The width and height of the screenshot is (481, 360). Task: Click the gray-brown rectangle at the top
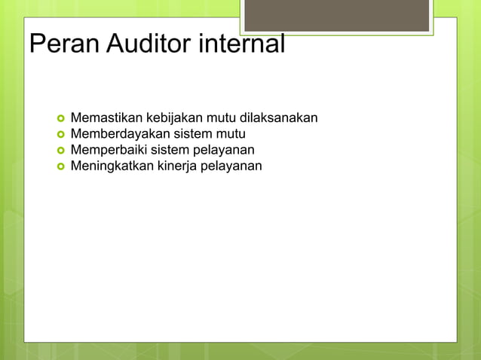tap(336, 15)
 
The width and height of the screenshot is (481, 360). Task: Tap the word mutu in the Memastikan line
tap(222, 118)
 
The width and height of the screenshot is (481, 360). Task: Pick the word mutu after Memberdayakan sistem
tap(231, 134)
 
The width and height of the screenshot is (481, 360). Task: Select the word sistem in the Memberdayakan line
tap(193, 134)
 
